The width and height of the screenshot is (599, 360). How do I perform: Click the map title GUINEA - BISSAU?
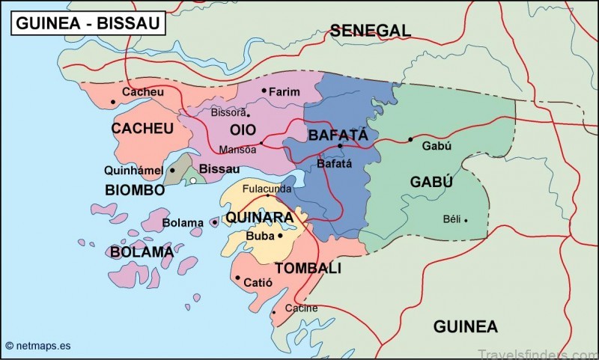tap(88, 22)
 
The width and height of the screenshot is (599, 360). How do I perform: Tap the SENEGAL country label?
tap(371, 31)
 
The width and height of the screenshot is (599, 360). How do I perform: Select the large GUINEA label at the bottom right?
tap(465, 326)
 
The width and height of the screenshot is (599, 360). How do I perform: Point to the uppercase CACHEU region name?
tap(142, 129)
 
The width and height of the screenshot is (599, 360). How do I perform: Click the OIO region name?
tap(243, 130)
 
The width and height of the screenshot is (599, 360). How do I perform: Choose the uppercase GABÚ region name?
tap(431, 181)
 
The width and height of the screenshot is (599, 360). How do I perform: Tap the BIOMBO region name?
tap(135, 190)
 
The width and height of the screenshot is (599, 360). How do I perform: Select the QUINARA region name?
tap(259, 217)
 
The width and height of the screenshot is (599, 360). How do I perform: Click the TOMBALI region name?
tap(308, 268)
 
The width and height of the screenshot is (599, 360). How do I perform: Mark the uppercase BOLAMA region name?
tap(142, 251)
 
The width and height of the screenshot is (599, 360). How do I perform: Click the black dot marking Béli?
tap(465, 220)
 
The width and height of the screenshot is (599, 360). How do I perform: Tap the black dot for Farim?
tap(264, 91)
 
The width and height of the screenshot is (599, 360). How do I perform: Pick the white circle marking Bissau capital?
tap(192, 180)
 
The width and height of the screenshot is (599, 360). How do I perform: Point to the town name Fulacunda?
tap(267, 189)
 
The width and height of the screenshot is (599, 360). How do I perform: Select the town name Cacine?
tap(301, 308)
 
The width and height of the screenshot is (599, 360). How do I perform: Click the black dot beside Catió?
tap(238, 278)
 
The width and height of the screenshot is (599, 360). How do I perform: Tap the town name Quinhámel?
tap(133, 171)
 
